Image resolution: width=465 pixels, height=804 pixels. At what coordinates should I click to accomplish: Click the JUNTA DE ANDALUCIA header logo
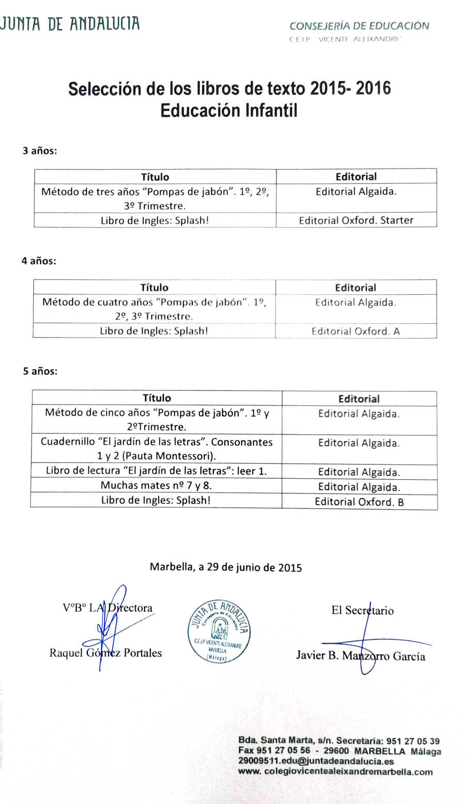pos(70,23)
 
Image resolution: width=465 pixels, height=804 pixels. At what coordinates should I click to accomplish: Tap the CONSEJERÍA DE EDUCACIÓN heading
pos(359,26)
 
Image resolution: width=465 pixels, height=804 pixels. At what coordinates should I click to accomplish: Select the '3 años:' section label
pos(40,151)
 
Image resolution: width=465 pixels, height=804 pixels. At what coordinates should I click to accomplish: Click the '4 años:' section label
pos(39,261)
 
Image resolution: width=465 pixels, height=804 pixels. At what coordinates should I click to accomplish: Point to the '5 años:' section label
pos(40,371)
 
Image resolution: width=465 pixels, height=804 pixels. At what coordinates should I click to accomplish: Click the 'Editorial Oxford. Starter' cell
pos(356,220)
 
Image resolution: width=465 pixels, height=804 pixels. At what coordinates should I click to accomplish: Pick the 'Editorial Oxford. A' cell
pos(355,331)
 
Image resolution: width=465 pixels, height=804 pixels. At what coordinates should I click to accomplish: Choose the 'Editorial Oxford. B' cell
pos(359,502)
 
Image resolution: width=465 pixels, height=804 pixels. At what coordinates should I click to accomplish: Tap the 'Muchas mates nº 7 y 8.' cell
pos(156,486)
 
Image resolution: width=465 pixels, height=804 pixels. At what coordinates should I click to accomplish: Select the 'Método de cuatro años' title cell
pos(154,309)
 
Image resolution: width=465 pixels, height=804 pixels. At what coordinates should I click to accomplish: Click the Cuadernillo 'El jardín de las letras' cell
pos(157,449)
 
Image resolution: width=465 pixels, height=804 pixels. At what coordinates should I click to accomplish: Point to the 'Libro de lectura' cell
pos(156,471)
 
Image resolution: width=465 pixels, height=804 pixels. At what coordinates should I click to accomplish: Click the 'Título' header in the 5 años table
pos(157,398)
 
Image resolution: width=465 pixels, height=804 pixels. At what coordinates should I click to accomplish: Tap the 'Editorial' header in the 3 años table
pos(356,176)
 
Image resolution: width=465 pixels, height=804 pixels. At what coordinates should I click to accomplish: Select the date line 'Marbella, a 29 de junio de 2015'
pos(226,567)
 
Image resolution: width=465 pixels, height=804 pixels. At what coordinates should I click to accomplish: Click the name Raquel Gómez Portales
pos(105,653)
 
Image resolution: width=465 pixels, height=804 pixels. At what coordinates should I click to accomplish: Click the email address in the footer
pos(316,761)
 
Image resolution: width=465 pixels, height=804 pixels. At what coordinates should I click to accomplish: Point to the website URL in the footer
pos(335,771)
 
